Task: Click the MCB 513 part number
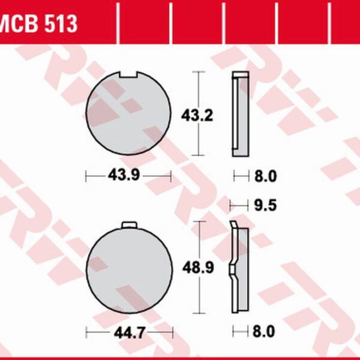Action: coord(38,23)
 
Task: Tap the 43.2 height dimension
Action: coord(197,115)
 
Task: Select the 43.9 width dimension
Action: coord(124,175)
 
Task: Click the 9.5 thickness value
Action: coord(265,205)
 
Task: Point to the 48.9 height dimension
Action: coord(198,268)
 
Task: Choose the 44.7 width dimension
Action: coord(130,332)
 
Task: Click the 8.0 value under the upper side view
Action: coord(265,176)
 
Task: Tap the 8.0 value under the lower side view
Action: coord(264,332)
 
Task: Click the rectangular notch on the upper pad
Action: coord(128,74)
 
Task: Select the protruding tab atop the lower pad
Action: coord(129,225)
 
